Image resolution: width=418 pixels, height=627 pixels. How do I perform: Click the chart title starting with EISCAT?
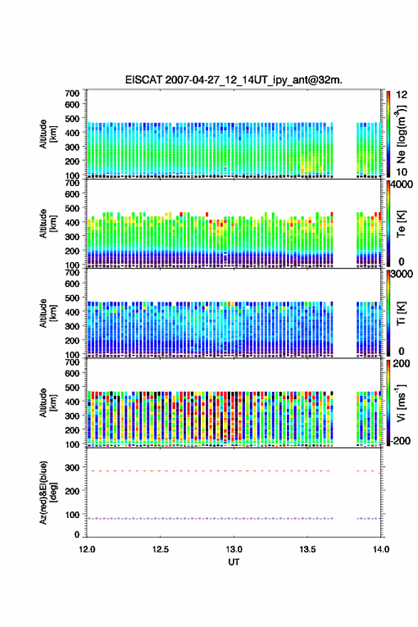(x=234, y=80)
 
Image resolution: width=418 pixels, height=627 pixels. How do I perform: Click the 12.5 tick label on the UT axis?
(x=160, y=549)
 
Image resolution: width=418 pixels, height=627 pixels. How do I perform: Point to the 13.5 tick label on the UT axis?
(x=308, y=549)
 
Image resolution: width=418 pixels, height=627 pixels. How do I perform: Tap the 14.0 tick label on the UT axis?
(x=381, y=549)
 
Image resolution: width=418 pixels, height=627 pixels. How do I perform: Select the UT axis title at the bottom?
(x=234, y=562)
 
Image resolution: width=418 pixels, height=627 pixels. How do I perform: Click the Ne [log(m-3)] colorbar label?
(x=401, y=134)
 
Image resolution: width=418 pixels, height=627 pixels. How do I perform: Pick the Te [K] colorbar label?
(x=401, y=223)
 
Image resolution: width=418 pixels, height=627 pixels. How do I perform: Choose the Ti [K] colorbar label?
(x=401, y=313)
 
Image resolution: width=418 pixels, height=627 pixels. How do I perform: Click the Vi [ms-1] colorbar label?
(x=401, y=403)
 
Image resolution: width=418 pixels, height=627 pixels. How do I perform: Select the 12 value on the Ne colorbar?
(x=402, y=95)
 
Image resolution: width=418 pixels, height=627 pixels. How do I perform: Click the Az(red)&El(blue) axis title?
(x=48, y=492)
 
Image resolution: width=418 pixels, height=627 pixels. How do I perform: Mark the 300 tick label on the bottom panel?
(x=73, y=467)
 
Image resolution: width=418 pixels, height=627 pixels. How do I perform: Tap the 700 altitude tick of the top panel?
(x=73, y=93)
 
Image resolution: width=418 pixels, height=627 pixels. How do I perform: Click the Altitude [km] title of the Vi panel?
(x=48, y=403)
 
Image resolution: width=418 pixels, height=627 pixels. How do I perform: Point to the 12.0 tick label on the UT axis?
(x=87, y=549)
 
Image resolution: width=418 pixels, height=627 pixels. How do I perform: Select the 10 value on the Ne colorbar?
(x=402, y=172)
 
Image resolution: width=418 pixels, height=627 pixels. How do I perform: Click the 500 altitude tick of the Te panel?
(x=73, y=208)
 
